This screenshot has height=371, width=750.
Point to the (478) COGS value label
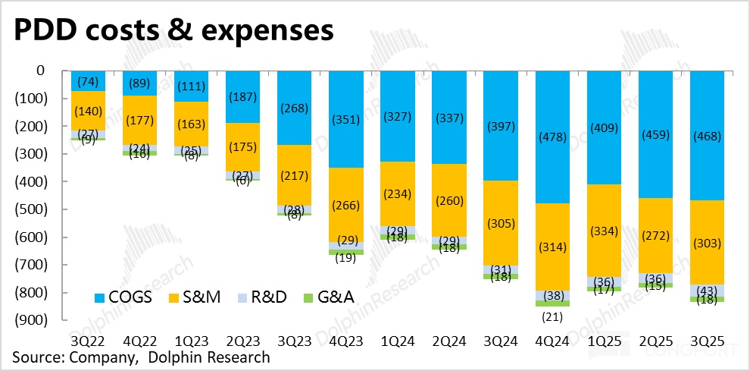pos(553,139)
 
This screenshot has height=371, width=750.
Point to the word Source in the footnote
pos(33,357)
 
